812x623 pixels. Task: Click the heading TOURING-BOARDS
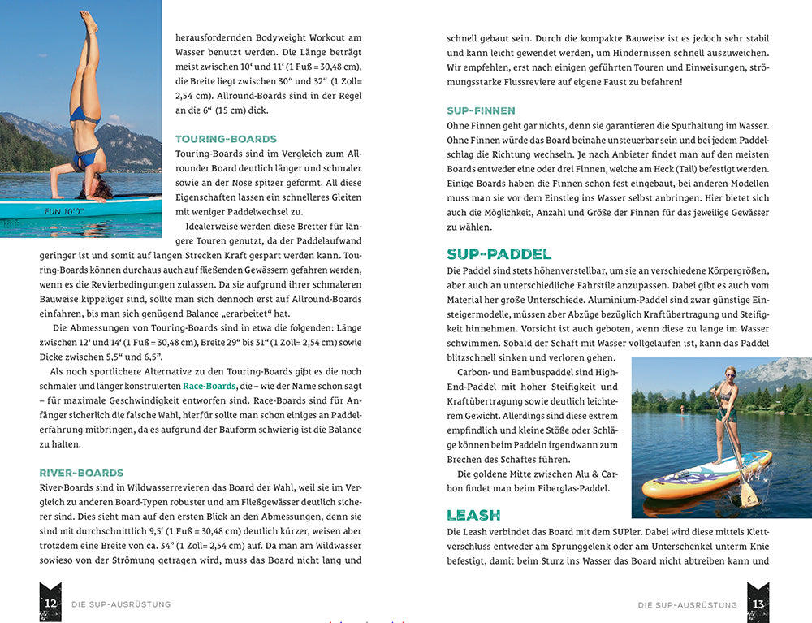[226, 139]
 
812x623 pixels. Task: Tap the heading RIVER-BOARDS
[81, 473]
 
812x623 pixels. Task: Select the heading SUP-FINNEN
[481, 110]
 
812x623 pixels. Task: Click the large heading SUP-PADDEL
[499, 254]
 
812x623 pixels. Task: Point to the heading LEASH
[473, 515]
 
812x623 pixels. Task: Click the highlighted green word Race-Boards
[209, 386]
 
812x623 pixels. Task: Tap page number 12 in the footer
[50, 603]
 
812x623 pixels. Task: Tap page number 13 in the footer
[758, 604]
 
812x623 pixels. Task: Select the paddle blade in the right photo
[749, 493]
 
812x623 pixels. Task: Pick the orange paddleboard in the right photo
[706, 475]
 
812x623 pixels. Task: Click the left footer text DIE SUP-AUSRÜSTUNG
[121, 604]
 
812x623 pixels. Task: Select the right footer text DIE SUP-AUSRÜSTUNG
[687, 604]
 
